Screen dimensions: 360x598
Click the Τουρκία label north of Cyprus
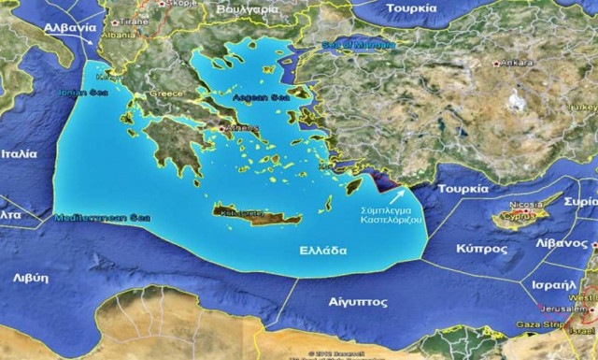point(463,187)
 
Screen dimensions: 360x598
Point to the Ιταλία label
point(20,153)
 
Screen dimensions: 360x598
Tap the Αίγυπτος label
point(359,303)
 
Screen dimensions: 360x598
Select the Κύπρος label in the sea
point(482,250)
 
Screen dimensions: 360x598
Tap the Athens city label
point(234,129)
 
